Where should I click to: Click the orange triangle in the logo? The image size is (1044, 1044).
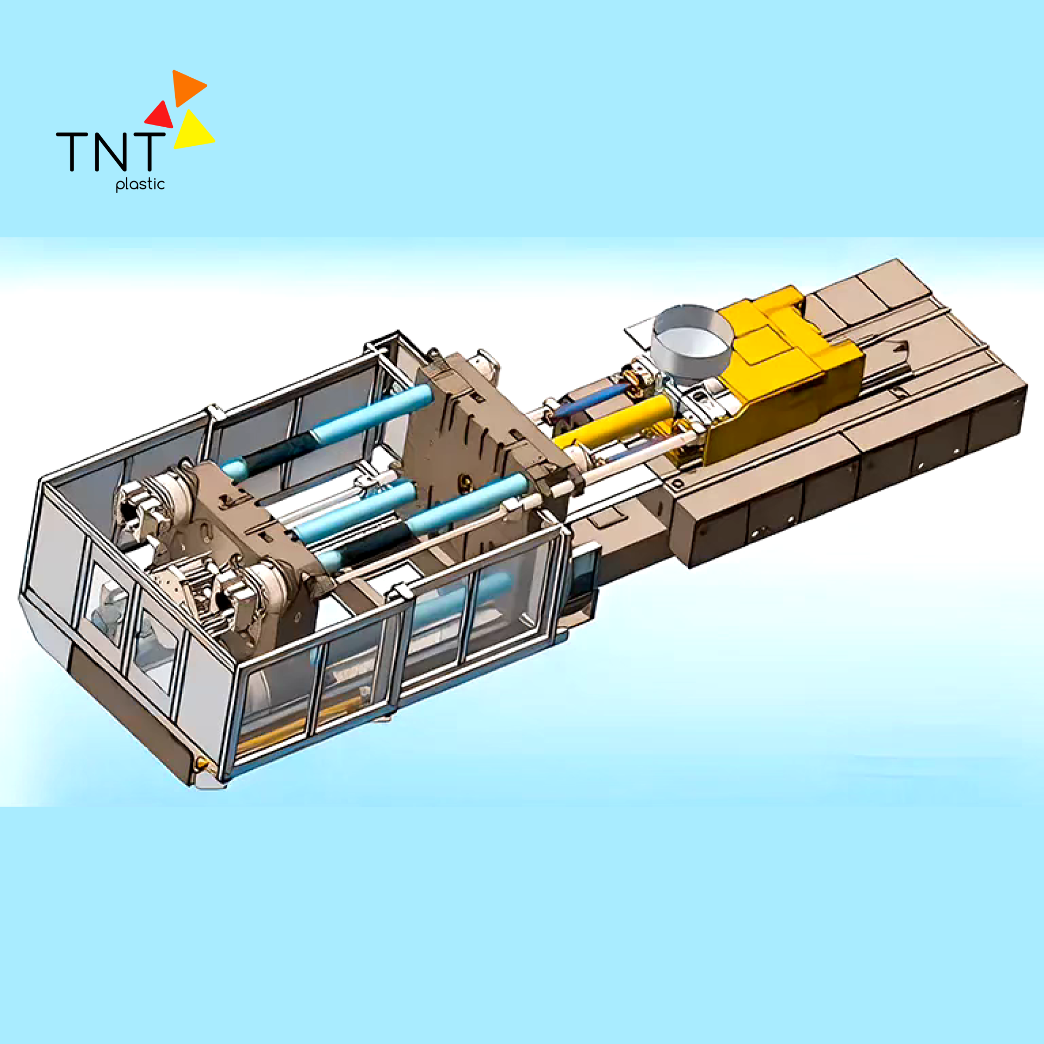186,86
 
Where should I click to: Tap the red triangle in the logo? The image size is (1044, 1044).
160,116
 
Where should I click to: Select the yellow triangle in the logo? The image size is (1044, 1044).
191,132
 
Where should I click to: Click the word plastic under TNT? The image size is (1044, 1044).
140,184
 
